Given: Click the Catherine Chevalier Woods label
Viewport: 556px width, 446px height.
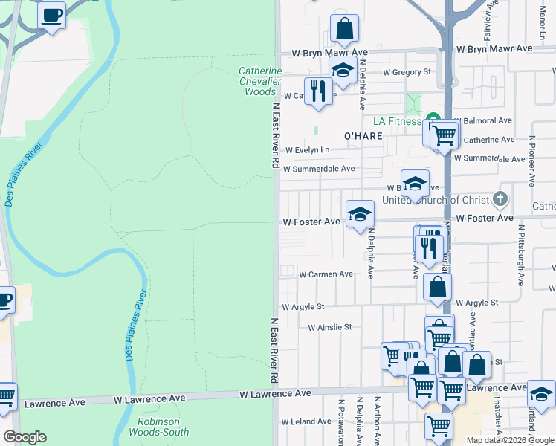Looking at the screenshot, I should (260, 82).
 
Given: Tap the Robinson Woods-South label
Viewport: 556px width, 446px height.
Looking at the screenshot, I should (163, 427).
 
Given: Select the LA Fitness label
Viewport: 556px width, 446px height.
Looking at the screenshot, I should (392, 120).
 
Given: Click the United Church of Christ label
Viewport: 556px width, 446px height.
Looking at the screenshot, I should (436, 200).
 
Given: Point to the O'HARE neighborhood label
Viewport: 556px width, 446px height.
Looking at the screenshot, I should (363, 136).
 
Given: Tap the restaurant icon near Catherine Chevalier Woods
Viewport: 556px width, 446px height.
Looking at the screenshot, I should (319, 91).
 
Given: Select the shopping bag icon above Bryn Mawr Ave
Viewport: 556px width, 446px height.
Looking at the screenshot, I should (344, 29).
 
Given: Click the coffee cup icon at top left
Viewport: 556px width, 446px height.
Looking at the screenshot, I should (51, 15).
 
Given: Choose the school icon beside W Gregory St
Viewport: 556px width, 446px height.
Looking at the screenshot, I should (342, 71).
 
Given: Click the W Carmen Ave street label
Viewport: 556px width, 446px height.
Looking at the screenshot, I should (326, 274).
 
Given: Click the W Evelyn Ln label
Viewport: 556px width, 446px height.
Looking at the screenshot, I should (307, 149).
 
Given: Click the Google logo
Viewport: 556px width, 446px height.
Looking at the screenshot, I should (25, 436).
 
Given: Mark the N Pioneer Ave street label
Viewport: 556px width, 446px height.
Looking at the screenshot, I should (532, 161).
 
